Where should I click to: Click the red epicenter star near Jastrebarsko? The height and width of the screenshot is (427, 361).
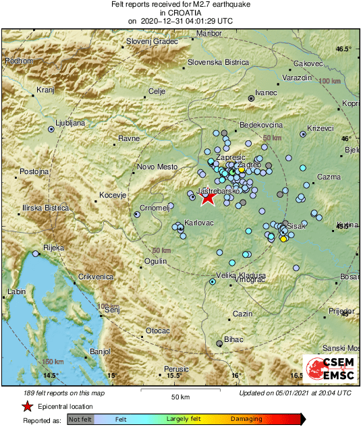[209, 198]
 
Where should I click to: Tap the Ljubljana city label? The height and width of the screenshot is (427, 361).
[70, 123]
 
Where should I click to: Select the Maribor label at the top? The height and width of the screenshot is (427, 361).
[209, 33]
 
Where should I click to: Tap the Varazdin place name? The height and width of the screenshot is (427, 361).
[296, 78]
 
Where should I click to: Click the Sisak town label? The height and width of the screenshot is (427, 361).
[298, 227]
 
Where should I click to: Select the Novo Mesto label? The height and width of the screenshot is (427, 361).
[157, 167]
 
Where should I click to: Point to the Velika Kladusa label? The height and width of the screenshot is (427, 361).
[240, 275]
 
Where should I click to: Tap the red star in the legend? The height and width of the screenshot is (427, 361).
[27, 406]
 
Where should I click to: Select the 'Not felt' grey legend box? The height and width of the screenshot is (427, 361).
[81, 419]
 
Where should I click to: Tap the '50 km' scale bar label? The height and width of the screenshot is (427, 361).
[179, 396]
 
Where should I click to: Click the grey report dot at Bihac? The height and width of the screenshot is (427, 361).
[219, 343]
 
